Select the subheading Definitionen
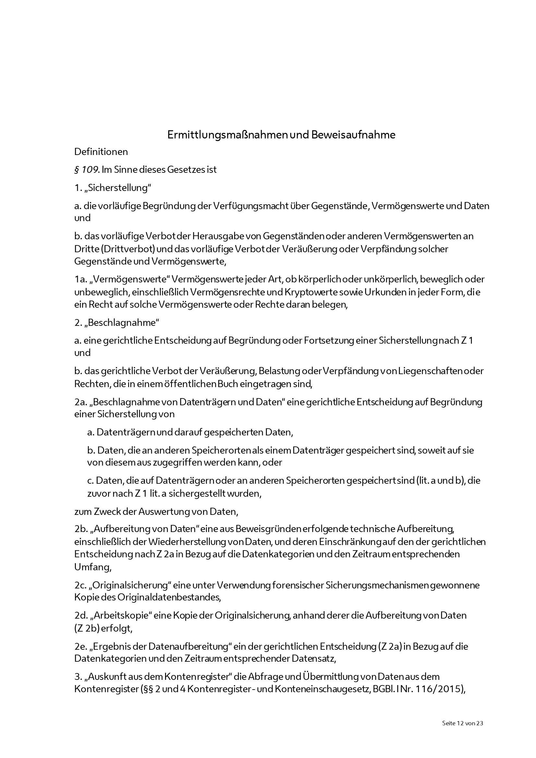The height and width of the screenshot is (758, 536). coord(101,152)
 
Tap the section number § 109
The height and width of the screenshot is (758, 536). coord(87,170)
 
